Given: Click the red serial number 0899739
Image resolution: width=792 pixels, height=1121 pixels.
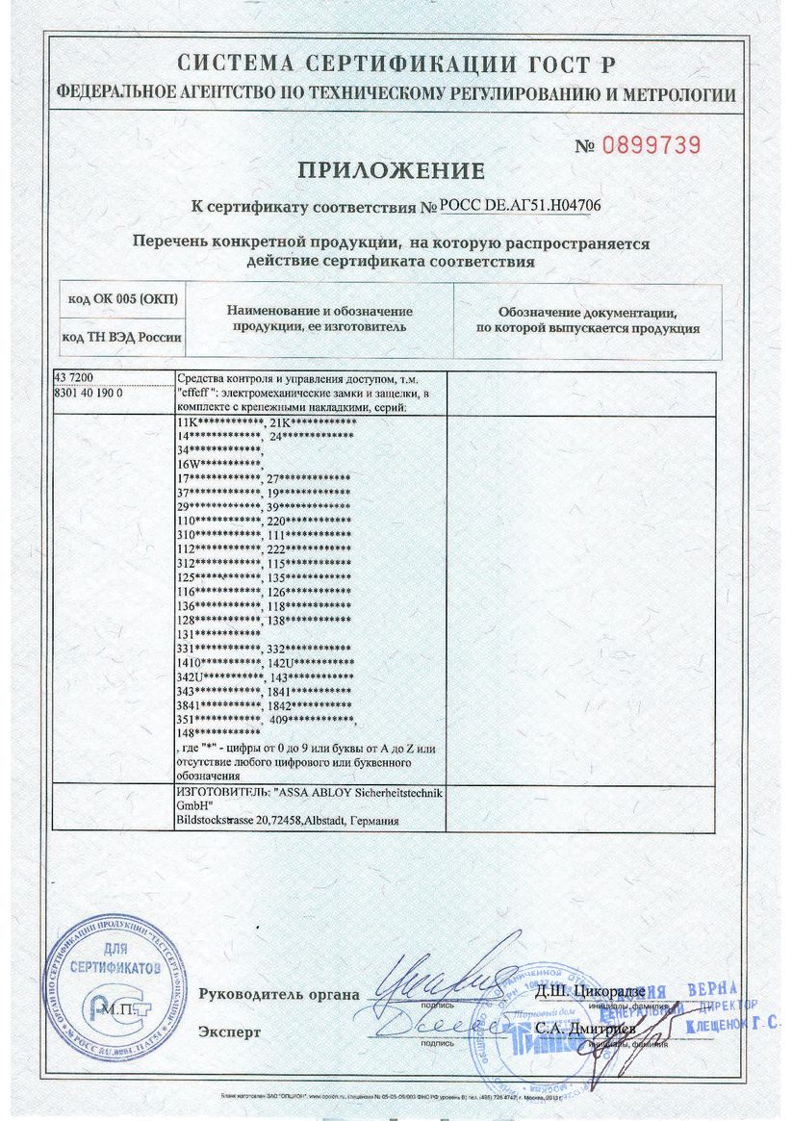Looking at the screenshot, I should pos(651,145).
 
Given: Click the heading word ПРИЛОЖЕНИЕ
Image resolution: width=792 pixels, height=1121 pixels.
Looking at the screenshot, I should pos(390,172).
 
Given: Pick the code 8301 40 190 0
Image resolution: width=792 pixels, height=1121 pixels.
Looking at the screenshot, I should pos(93,394).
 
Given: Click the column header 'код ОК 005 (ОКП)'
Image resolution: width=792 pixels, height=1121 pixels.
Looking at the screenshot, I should pos(122,299).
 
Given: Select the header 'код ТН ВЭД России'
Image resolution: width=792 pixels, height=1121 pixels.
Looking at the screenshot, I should pos(121,337).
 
